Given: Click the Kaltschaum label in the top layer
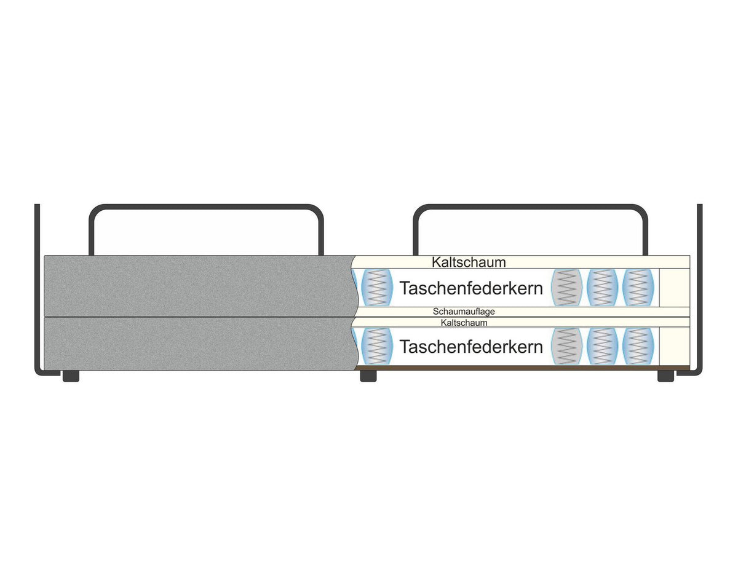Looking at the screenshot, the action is click(469, 262).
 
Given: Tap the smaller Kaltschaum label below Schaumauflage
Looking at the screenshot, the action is click(464, 323).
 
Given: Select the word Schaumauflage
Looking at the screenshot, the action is click(464, 312).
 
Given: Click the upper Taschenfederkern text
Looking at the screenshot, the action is click(471, 288).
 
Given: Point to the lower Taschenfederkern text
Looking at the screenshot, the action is click(471, 347).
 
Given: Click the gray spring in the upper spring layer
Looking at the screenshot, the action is click(566, 287).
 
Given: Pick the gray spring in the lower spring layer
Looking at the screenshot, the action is click(566, 346).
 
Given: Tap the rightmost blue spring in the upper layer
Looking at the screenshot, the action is click(638, 287).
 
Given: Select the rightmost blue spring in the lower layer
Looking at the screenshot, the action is click(638, 346).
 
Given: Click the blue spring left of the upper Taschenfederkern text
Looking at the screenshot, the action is click(377, 287).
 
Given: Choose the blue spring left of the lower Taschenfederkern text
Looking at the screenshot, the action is click(377, 346).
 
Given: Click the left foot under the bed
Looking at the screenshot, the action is click(71, 376).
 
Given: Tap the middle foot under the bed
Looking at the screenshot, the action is click(368, 376).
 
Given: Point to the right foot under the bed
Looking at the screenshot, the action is click(665, 376).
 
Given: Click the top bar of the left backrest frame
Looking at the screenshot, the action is click(206, 207).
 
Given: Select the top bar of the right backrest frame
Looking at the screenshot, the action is click(530, 207).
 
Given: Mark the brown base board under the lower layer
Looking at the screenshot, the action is click(522, 368).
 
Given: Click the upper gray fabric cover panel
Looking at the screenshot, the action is click(199, 286).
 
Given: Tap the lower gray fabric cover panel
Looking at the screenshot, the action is click(199, 344).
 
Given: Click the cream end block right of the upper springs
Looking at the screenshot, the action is click(675, 288).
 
